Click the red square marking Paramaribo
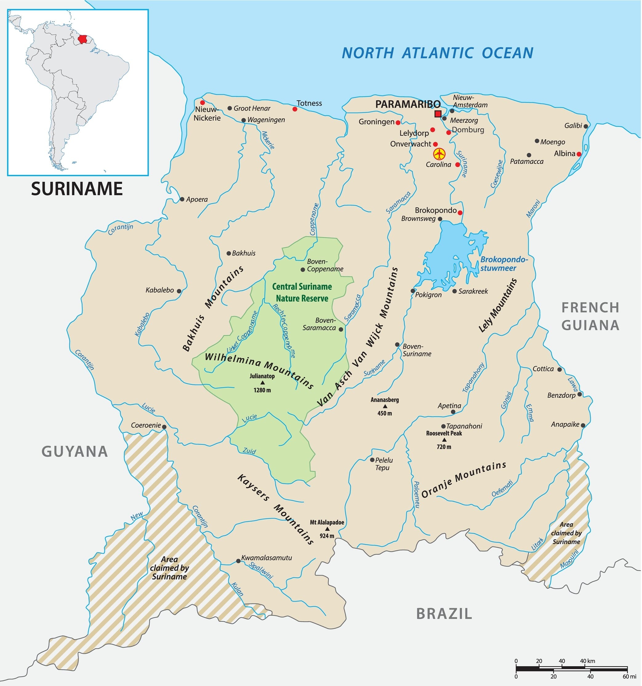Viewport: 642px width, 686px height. (438, 114)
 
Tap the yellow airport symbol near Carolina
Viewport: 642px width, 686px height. (439, 154)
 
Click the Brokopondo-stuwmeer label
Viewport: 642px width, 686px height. (504, 264)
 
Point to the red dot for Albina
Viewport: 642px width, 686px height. (579, 154)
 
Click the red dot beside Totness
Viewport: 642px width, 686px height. (295, 109)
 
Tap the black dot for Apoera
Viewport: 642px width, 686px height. (182, 199)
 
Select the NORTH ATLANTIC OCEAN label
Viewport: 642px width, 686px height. (437, 53)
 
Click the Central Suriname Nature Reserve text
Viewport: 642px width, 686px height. (302, 292)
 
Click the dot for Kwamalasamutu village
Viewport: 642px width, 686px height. (238, 561)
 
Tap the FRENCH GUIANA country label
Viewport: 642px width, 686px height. (590, 316)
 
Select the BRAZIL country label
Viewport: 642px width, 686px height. (444, 614)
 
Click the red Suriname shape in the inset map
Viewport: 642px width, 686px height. (82, 39)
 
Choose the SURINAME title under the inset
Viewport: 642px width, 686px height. (77, 188)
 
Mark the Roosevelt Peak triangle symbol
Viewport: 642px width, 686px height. (444, 440)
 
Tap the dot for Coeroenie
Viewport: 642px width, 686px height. (164, 427)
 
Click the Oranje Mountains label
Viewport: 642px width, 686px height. (463, 480)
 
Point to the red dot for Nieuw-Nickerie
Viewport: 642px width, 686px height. (203, 102)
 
